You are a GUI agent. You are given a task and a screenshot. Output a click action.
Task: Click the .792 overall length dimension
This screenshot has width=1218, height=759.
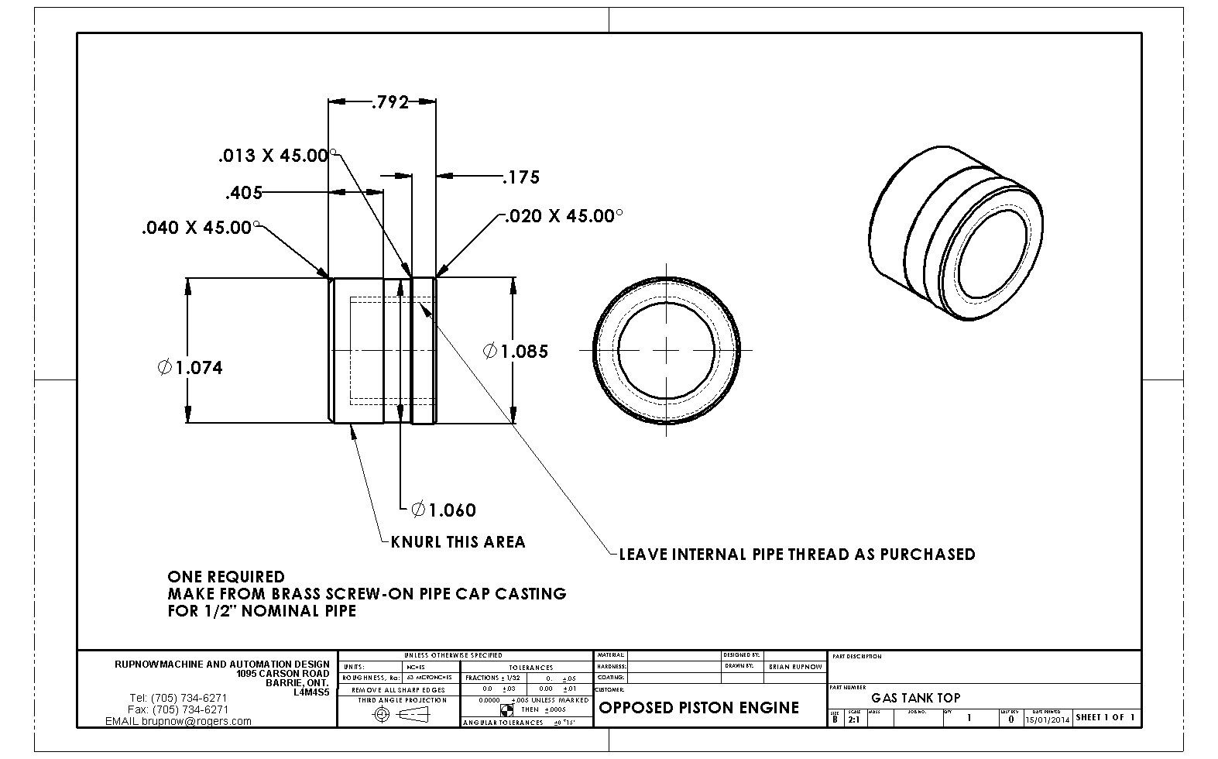(x=389, y=102)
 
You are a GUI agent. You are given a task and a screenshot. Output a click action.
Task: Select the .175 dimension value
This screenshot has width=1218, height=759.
(x=521, y=177)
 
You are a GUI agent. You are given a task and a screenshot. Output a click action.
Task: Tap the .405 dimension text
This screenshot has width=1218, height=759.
(x=244, y=193)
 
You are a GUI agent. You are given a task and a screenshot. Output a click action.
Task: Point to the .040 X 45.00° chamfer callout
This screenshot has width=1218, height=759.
(x=197, y=228)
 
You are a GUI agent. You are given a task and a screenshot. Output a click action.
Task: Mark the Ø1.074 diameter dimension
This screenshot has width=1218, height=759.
(x=190, y=368)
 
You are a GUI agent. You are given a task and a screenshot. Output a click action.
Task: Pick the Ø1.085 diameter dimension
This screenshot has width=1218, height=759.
(x=516, y=352)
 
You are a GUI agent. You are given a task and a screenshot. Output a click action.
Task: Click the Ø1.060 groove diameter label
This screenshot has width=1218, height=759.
(x=444, y=510)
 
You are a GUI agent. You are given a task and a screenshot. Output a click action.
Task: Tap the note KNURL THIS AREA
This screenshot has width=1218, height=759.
(x=458, y=542)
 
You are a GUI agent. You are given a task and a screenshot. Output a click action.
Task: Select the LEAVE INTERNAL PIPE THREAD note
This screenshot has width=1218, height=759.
(x=797, y=555)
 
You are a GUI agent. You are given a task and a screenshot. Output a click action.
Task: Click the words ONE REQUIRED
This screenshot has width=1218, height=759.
(x=226, y=577)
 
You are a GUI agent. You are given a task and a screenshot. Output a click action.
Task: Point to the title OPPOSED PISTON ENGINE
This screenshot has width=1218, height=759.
(x=698, y=708)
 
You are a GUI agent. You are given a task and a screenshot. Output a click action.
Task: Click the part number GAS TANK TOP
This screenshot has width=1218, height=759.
(x=915, y=698)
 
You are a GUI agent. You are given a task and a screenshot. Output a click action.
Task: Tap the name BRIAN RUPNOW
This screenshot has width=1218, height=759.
(x=794, y=667)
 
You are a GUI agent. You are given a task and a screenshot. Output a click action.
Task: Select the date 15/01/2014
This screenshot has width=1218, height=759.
(x=1047, y=720)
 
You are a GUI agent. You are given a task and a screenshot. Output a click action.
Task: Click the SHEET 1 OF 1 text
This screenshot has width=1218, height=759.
(x=1105, y=718)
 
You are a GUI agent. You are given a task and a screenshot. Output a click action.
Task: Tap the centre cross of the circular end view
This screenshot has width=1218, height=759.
(x=666, y=350)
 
